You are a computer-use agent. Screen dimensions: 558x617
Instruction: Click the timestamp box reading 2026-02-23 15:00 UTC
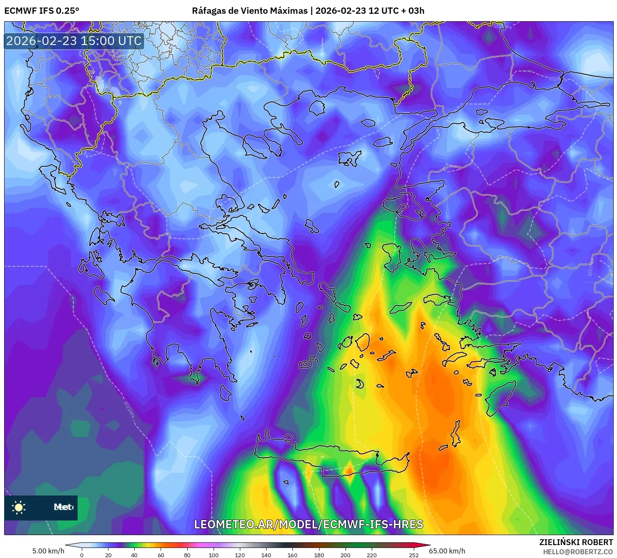tap(74, 41)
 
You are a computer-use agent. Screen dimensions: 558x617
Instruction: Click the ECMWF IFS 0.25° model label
tap(42, 11)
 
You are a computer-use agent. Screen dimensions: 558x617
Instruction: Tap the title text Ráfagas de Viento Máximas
tap(249, 11)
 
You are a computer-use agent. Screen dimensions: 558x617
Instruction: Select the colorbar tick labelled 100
tap(214, 555)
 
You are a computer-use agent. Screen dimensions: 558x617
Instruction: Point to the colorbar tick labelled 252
tap(413, 555)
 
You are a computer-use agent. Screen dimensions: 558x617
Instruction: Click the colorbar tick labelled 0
tap(82, 555)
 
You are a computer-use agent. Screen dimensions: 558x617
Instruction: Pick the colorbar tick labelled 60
tap(161, 555)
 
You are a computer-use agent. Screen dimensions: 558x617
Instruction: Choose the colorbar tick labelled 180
tap(319, 555)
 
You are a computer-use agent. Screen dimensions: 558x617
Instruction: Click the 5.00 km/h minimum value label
tap(48, 551)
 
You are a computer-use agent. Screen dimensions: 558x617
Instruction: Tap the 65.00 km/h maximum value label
tap(447, 551)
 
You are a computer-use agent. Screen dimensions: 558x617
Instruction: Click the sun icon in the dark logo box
tap(19, 507)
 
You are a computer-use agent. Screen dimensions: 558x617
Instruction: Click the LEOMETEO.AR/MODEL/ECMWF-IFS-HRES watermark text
tap(309, 524)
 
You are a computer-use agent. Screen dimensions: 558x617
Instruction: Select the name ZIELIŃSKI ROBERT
tap(576, 542)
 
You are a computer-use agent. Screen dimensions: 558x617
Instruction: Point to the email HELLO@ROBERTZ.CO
tap(578, 552)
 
